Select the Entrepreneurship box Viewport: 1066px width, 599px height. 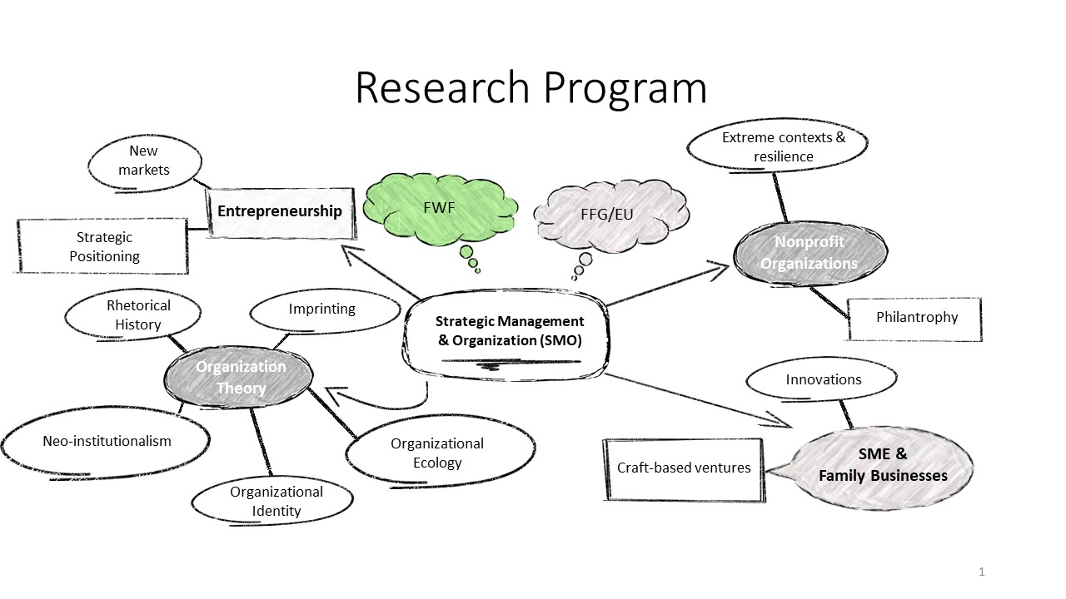(280, 211)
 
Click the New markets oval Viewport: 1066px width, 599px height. (149, 161)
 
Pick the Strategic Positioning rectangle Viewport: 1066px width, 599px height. (104, 247)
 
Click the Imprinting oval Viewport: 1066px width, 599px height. (322, 309)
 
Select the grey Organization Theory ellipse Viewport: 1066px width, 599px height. (240, 378)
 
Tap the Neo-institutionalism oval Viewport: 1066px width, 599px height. (107, 441)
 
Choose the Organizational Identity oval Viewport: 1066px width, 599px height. (276, 501)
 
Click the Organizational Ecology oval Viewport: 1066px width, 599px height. (438, 453)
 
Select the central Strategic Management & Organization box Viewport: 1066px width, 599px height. (509, 331)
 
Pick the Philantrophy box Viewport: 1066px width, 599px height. (916, 318)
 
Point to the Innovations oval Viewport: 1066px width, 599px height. (823, 380)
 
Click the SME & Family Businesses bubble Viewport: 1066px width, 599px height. (881, 465)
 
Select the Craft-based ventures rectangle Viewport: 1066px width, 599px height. (683, 468)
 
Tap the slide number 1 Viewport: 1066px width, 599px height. (982, 572)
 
